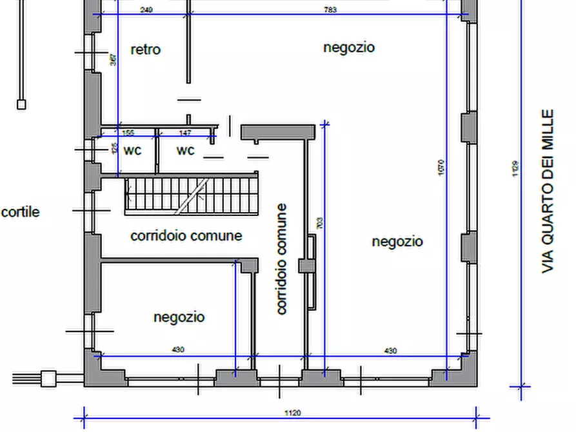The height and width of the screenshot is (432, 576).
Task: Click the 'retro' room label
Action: click(x=145, y=50)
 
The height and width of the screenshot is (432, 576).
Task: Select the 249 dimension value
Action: click(x=145, y=10)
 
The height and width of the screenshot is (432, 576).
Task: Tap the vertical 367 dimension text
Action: click(x=113, y=60)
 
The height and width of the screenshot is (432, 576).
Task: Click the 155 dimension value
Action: click(x=128, y=133)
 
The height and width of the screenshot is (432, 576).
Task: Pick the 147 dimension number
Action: click(x=185, y=133)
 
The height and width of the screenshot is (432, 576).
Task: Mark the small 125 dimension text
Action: click(x=114, y=149)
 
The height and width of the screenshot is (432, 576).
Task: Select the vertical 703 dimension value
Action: click(x=320, y=223)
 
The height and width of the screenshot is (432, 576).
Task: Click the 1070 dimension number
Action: click(x=441, y=169)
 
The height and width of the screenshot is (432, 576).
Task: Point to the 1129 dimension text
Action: click(x=516, y=169)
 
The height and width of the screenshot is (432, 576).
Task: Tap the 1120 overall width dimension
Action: click(x=292, y=413)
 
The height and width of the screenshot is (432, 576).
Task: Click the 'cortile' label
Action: click(x=20, y=212)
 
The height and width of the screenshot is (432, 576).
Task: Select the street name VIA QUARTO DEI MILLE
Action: click(x=548, y=191)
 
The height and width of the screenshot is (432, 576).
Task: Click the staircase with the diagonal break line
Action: click(x=191, y=195)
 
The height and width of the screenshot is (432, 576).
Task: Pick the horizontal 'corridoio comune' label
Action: click(x=186, y=236)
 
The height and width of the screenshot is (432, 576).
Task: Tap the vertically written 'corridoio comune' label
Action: click(x=281, y=259)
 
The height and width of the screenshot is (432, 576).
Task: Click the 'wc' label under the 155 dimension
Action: click(x=132, y=150)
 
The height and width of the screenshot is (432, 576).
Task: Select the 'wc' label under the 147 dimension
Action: click(x=185, y=150)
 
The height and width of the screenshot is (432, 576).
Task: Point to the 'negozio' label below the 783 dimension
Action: click(x=348, y=47)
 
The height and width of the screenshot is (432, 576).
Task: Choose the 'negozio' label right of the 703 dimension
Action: click(x=397, y=241)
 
